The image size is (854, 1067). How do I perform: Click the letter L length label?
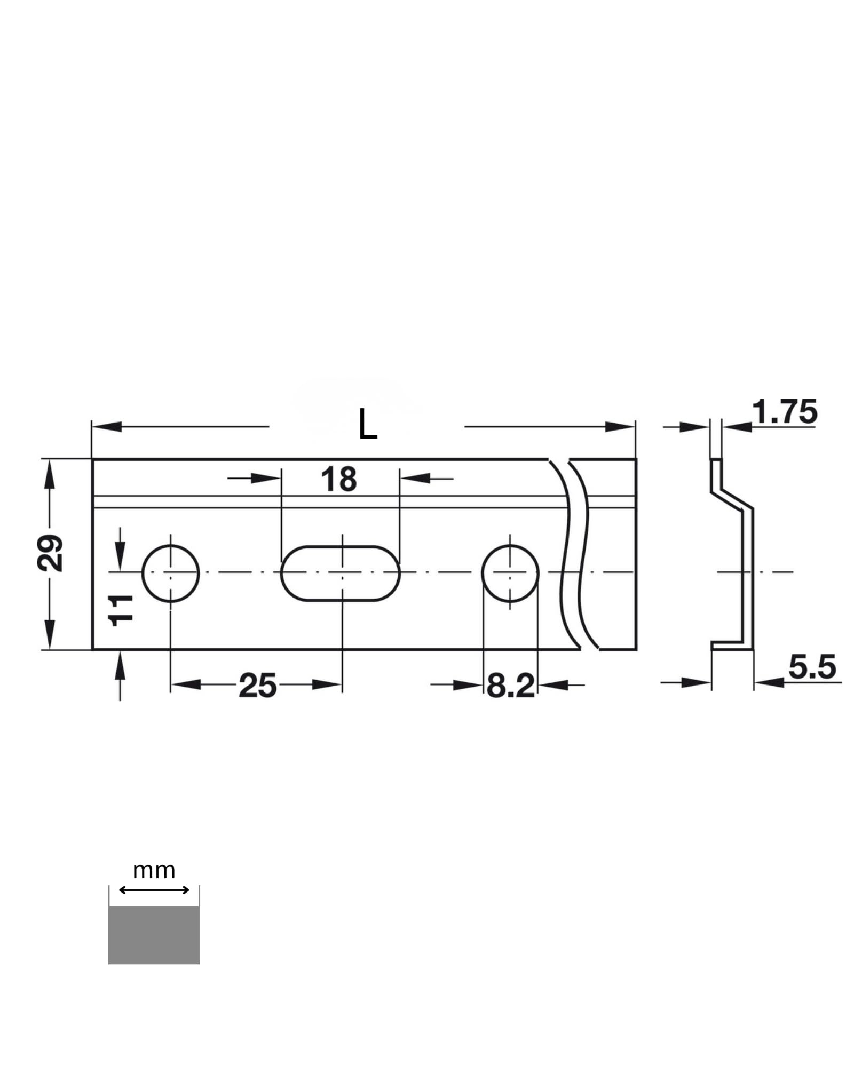point(368,424)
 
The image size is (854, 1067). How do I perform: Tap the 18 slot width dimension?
point(338,479)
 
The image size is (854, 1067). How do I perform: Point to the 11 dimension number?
point(121,610)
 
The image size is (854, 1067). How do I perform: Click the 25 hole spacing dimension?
point(257,686)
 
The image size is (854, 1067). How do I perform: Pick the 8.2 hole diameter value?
point(510,686)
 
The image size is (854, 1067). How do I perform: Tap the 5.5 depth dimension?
point(812,667)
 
